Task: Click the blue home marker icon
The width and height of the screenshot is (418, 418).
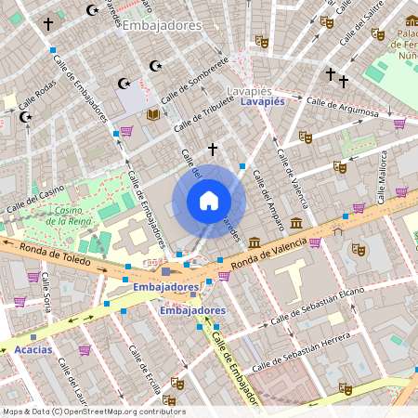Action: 209,201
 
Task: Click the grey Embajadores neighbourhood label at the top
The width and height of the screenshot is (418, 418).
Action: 162,26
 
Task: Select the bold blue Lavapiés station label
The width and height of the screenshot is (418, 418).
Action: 262,102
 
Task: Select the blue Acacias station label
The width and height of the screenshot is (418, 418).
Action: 33,350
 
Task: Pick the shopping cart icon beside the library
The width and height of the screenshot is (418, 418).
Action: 125,131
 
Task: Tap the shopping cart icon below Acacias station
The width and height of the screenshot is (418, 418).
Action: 85,350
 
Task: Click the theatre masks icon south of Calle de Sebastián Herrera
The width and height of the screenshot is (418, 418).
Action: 345,388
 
